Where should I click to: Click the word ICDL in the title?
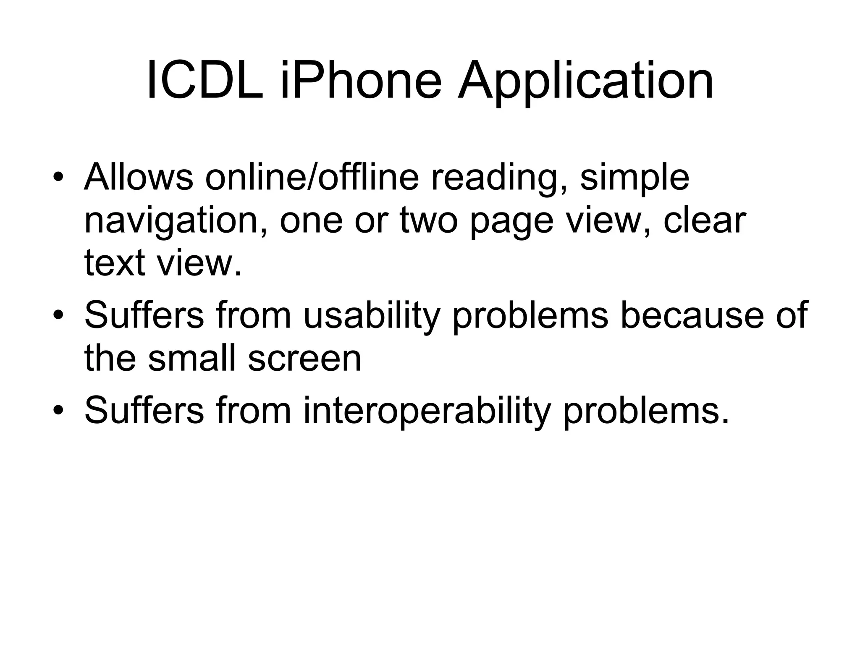coord(205,80)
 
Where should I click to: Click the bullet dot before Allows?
coord(58,178)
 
